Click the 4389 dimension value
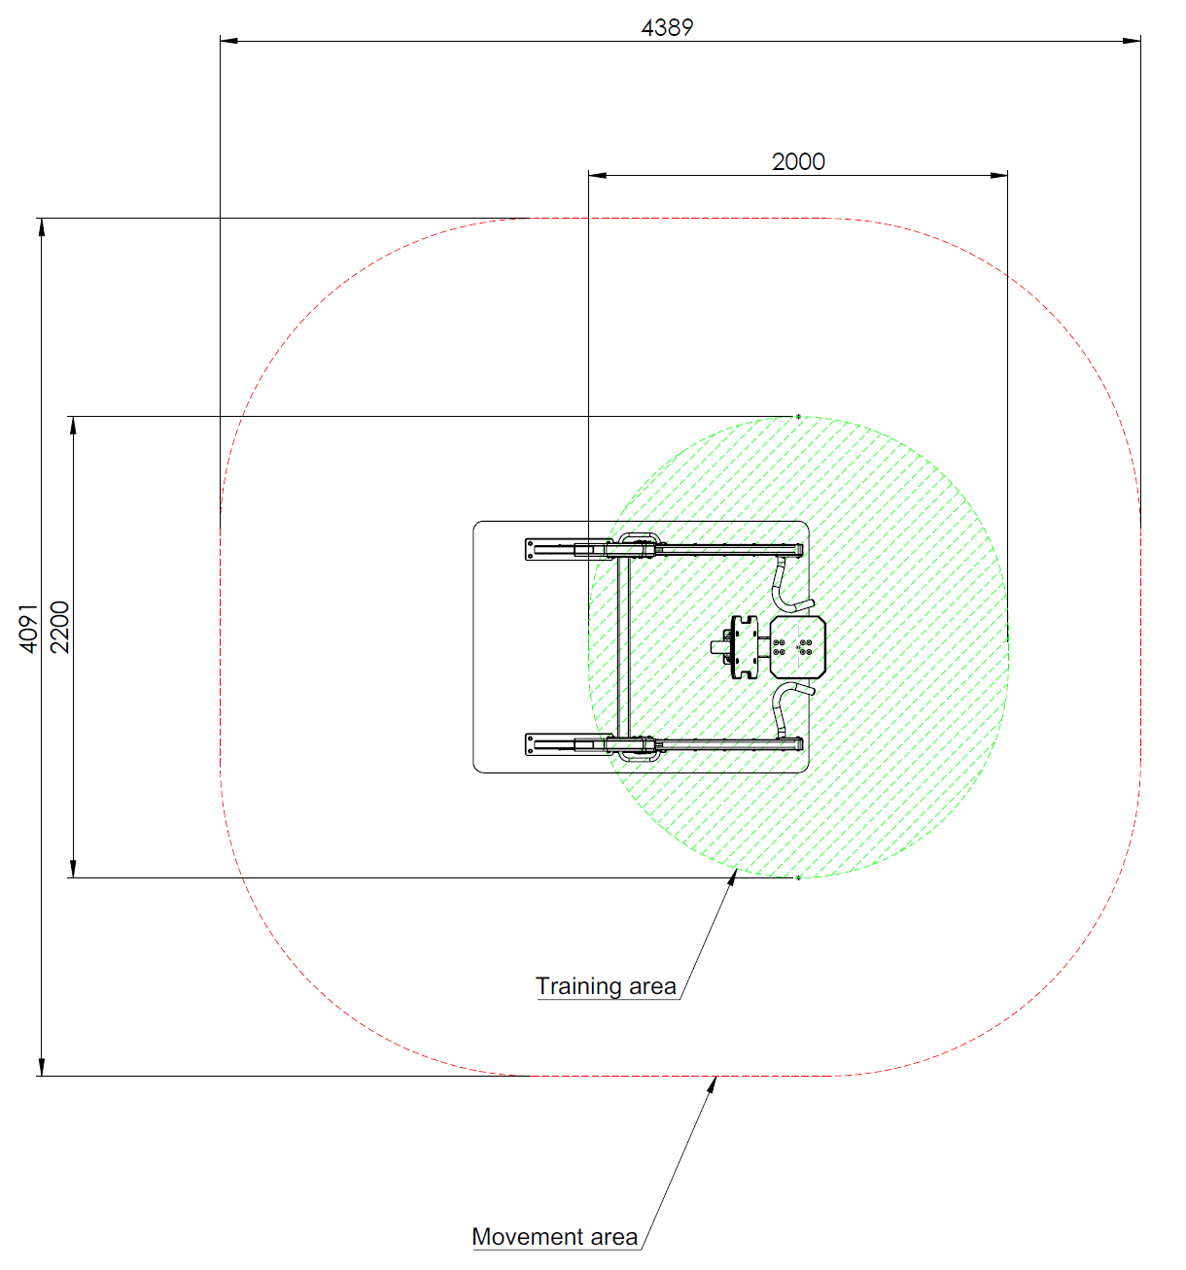pos(667,27)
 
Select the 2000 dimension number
pos(798,162)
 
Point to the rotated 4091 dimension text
pos(29,628)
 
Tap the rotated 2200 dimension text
pos(59,627)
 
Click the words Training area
pos(606,985)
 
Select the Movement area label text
pos(554,1236)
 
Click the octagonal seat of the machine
pos(797,646)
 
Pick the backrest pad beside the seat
pos(745,646)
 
